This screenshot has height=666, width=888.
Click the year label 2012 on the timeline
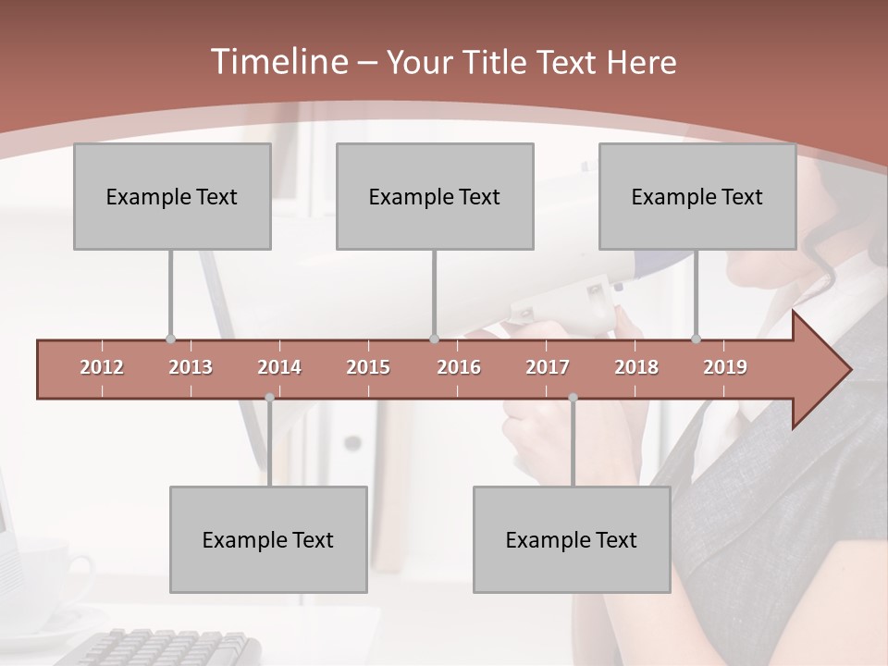[x=102, y=367]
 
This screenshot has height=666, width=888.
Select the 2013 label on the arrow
[x=191, y=367]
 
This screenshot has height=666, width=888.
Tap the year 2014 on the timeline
[x=279, y=367]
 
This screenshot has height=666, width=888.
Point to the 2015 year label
[x=368, y=367]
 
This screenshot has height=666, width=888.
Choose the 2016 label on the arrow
[x=459, y=367]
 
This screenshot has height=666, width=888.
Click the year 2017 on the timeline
[x=548, y=367]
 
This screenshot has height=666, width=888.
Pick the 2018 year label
[x=636, y=367]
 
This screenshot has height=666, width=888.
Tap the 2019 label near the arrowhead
[x=725, y=367]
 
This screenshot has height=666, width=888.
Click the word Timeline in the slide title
[x=277, y=62]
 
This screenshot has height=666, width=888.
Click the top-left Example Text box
[x=172, y=196]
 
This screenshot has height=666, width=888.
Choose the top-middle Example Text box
[x=435, y=196]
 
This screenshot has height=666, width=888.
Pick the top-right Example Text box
[x=697, y=196]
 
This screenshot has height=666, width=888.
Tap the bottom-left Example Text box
[x=268, y=539]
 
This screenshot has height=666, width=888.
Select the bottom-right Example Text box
[x=572, y=539]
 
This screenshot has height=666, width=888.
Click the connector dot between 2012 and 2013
[x=170, y=339]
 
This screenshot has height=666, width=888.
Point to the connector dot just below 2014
[x=269, y=398]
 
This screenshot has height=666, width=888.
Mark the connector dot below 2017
[x=573, y=398]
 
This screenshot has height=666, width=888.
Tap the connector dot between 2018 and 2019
[x=697, y=339]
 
